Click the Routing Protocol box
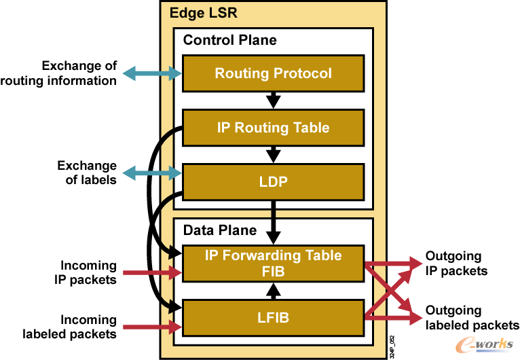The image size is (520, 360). click(273, 73)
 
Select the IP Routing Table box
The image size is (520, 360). click(273, 128)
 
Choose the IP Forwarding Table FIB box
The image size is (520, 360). click(273, 264)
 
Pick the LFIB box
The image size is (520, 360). click(273, 318)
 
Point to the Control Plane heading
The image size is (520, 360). click(229, 40)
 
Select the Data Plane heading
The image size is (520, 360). click(220, 230)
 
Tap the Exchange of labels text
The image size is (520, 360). click(86, 173)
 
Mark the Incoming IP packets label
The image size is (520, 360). click(89, 272)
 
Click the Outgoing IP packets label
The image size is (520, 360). click(456, 264)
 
